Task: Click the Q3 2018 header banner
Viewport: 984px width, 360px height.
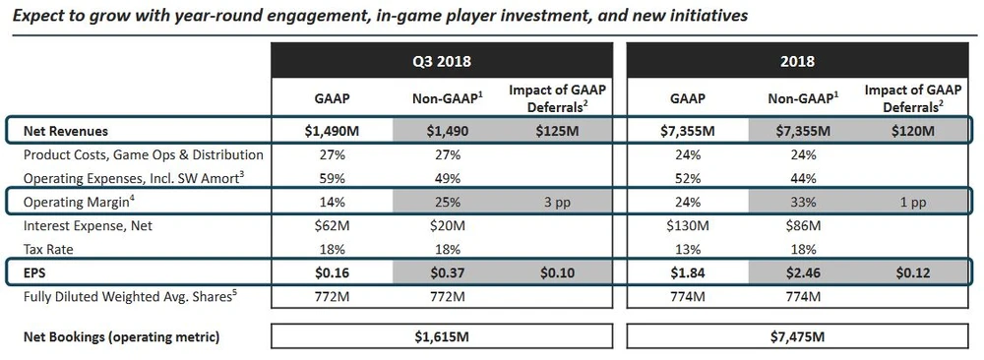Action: coord(442,60)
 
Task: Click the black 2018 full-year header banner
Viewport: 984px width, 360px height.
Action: coord(797,60)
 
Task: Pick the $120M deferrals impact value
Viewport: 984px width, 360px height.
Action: coord(915,132)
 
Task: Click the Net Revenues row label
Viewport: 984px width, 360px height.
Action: coord(65,132)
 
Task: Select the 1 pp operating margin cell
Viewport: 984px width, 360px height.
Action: coord(915,203)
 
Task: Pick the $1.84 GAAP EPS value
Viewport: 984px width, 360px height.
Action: coord(688,273)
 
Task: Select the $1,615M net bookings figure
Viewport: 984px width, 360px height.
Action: coord(442,336)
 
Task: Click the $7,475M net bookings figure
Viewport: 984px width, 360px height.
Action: coord(798,336)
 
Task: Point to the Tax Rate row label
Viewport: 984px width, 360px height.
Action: coord(48,250)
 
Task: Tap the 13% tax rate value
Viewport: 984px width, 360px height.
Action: coord(688,250)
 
